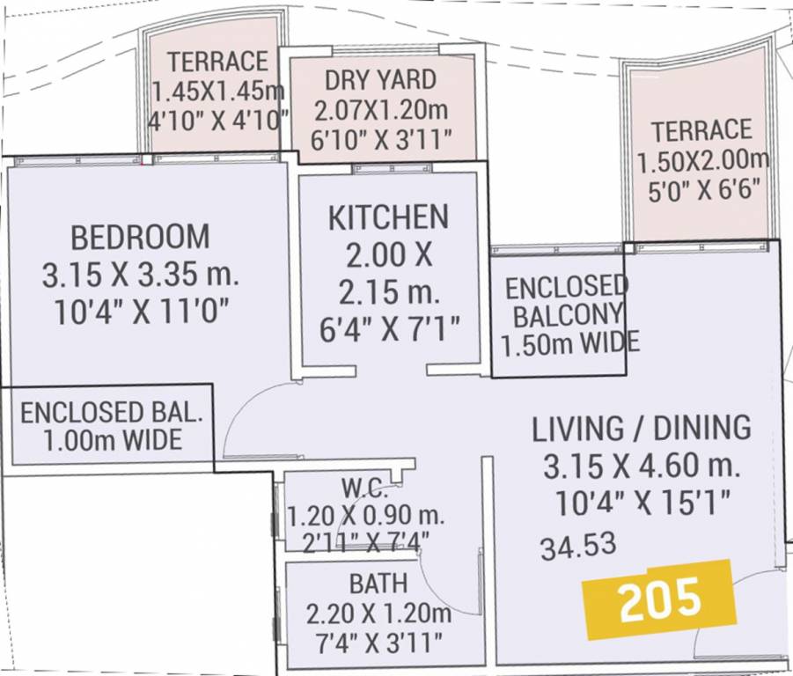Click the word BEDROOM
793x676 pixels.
pyautogui.click(x=141, y=238)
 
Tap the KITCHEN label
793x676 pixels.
pyautogui.click(x=388, y=217)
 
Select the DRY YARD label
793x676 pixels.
pyautogui.click(x=380, y=80)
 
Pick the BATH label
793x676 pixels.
pyautogui.click(x=378, y=583)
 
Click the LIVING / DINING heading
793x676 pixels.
pyautogui.click(x=642, y=429)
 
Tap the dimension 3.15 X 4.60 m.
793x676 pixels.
pyautogui.click(x=642, y=466)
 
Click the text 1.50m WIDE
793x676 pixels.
pyautogui.click(x=569, y=343)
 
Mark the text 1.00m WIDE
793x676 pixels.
pyautogui.click(x=112, y=439)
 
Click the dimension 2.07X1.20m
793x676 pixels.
pyautogui.click(x=381, y=111)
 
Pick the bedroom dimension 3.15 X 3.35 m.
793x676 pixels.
pyautogui.click(x=141, y=276)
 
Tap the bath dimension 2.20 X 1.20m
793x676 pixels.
pyautogui.click(x=378, y=613)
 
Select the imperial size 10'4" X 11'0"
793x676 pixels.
pyautogui.click(x=141, y=314)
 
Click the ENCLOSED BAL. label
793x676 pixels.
pyautogui.click(x=112, y=412)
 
